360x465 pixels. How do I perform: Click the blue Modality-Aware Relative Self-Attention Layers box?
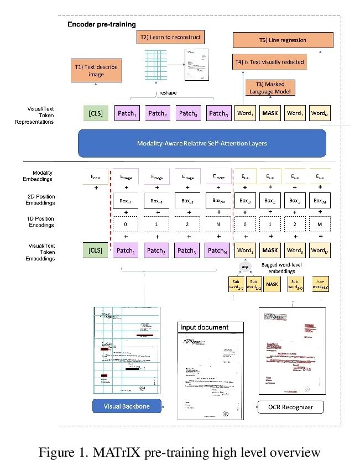(x=202, y=143)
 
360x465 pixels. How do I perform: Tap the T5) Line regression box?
(x=283, y=40)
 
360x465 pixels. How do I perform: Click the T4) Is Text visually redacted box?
(x=269, y=62)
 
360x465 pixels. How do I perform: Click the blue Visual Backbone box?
(x=127, y=406)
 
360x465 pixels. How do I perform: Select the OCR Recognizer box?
(x=291, y=407)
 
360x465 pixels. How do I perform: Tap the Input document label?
(x=204, y=327)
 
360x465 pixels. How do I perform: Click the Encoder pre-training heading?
(x=101, y=25)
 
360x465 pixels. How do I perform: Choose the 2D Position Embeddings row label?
(x=41, y=199)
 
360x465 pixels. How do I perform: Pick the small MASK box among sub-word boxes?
(x=272, y=285)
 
